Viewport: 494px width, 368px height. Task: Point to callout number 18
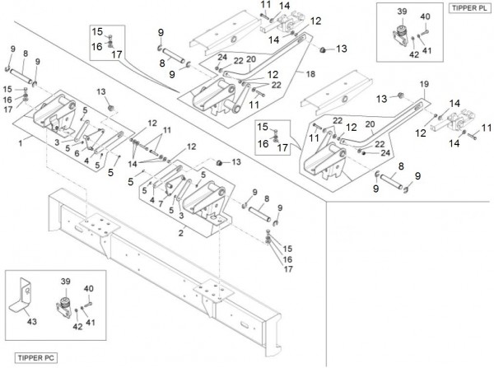click(x=311, y=74)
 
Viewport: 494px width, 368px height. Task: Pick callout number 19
click(x=425, y=84)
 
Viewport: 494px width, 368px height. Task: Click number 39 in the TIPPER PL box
click(x=402, y=12)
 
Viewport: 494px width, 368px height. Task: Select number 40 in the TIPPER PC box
click(x=90, y=288)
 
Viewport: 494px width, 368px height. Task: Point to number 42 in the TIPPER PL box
click(x=413, y=55)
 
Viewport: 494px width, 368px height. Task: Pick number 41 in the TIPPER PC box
click(x=90, y=321)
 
